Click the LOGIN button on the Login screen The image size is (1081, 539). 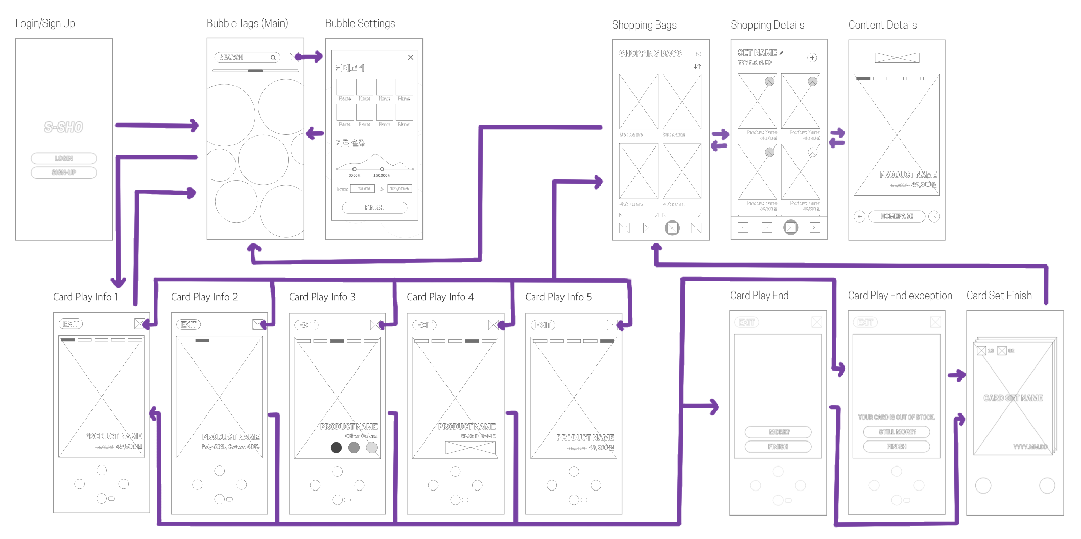63,158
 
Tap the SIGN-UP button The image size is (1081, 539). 63,173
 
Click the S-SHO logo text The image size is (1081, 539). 63,127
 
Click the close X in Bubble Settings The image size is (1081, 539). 411,58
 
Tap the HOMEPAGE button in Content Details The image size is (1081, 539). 897,216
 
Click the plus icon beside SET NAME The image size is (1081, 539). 812,58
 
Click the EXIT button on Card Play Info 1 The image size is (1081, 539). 70,324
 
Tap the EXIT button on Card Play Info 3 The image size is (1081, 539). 307,325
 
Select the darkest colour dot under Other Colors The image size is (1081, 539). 336,448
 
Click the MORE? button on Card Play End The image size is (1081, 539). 778,432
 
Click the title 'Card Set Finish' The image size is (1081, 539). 999,296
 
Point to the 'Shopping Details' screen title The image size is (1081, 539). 767,25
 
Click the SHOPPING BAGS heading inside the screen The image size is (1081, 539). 650,53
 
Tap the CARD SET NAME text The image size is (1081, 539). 1013,398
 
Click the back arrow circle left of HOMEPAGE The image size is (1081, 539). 859,216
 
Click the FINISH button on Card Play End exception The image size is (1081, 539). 896,446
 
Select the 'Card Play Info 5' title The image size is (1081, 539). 558,297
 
